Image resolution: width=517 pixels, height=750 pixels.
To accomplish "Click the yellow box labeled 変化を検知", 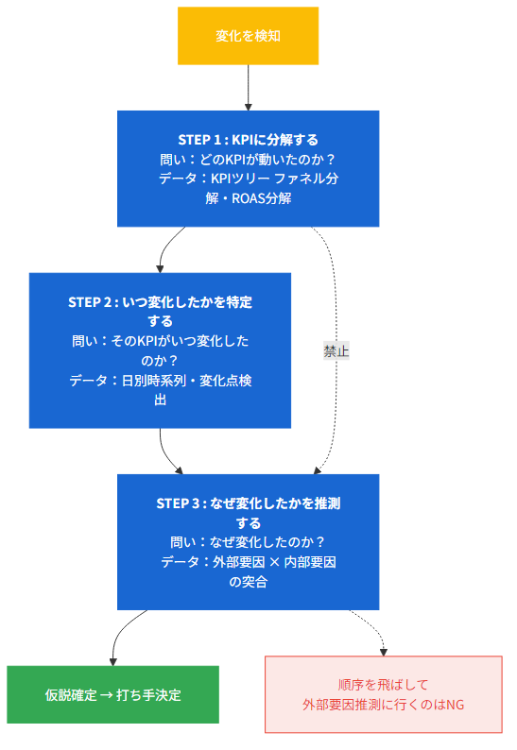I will point(248,36).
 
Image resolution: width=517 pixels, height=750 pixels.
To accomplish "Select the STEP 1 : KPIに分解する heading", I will point(248,140).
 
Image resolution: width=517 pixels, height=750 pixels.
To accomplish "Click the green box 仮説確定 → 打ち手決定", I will point(112,694).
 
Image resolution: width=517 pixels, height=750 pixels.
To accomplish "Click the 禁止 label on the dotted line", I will point(336,350).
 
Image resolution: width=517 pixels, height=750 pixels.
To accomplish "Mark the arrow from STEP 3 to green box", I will point(117,638).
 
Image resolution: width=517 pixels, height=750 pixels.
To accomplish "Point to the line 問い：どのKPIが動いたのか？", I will point(248,159).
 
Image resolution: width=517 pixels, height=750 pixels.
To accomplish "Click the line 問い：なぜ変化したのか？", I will point(248,542).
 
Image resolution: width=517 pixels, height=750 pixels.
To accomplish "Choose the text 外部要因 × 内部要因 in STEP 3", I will point(275,562).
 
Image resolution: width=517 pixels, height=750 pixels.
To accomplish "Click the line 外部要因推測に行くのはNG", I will point(383,705).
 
